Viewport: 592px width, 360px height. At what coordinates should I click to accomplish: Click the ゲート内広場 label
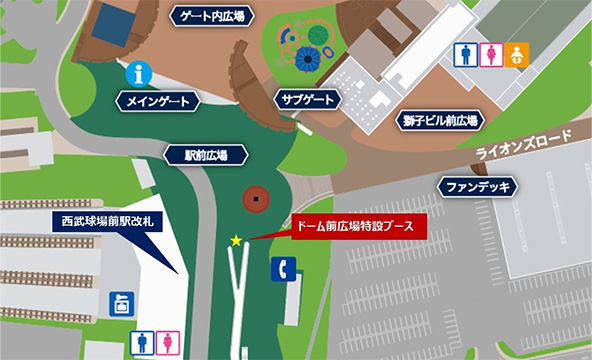213,16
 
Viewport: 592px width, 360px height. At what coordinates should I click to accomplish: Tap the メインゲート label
158,100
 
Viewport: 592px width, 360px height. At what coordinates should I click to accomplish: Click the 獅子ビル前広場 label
441,120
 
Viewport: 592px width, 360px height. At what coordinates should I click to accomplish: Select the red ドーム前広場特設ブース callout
358,225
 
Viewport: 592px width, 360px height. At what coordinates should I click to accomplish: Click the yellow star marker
236,240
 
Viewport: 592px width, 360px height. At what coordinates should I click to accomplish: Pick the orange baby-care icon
515,54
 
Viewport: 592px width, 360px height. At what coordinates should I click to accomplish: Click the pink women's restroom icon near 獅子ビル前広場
490,54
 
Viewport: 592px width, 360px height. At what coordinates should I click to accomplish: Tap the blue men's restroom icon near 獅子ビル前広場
465,54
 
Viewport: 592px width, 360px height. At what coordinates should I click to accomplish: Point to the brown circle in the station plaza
258,198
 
